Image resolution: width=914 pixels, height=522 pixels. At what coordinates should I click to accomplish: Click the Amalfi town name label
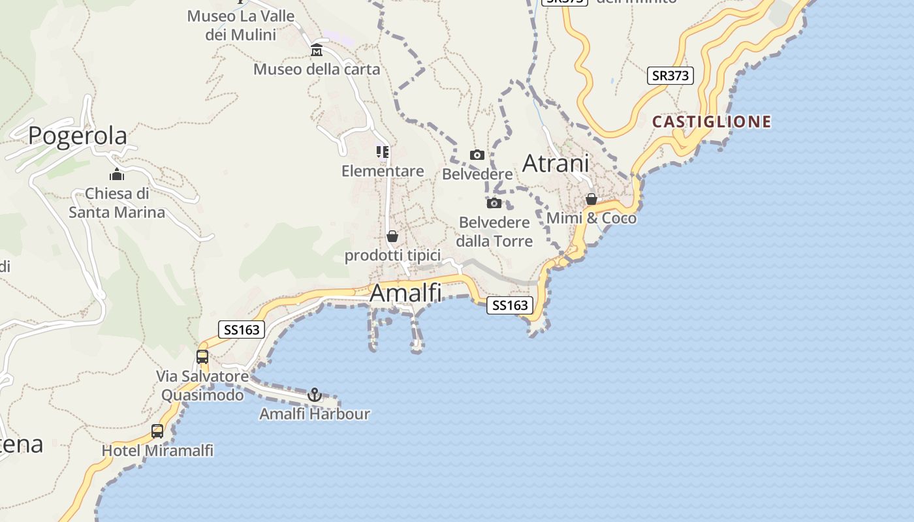click(x=405, y=293)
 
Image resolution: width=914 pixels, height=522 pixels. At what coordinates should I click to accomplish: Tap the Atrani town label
click(x=556, y=163)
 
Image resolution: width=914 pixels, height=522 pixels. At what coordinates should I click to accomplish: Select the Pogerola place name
click(x=78, y=135)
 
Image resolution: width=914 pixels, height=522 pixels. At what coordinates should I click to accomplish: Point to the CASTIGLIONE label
click(x=712, y=122)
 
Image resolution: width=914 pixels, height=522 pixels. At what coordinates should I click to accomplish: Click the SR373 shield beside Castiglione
click(x=670, y=76)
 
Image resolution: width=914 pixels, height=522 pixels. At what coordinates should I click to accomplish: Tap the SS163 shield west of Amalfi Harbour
click(x=242, y=330)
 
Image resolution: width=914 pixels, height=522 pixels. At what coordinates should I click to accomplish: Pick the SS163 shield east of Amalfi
click(x=510, y=305)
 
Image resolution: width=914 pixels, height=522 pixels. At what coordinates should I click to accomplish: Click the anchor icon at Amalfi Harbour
click(x=315, y=395)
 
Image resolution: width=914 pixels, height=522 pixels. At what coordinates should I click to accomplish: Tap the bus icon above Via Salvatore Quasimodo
click(x=202, y=357)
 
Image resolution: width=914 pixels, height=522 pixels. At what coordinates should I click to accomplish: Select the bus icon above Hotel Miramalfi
click(x=157, y=431)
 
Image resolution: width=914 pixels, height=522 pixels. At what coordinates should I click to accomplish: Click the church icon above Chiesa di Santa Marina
click(x=118, y=174)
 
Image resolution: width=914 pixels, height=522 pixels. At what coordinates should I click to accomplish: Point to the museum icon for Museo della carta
click(x=317, y=50)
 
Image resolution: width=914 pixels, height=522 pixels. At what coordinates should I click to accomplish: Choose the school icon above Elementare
click(x=383, y=152)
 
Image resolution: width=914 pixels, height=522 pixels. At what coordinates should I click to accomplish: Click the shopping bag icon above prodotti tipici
click(x=392, y=236)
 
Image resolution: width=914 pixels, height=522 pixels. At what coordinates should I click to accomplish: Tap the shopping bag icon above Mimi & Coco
click(x=591, y=199)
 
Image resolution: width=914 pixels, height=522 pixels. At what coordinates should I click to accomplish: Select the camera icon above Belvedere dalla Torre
click(x=494, y=204)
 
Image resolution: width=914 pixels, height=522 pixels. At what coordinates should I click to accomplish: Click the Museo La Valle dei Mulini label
click(x=241, y=25)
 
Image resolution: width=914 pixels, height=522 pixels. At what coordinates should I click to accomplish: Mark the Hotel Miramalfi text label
click(x=157, y=450)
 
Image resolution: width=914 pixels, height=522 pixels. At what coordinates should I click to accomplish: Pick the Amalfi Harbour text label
click(x=315, y=414)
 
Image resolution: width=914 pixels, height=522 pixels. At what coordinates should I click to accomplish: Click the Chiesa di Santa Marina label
click(x=118, y=203)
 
